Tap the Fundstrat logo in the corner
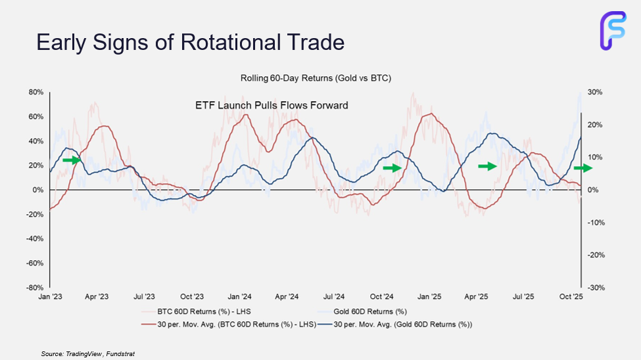613,30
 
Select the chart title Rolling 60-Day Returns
316,79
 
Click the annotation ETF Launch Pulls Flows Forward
272,105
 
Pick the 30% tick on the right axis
595,92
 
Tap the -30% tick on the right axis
595,288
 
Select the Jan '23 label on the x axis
50,297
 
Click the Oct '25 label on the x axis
571,297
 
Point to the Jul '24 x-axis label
334,297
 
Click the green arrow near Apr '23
71,160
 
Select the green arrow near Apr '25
487,166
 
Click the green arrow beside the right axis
582,168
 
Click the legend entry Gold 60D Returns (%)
369,311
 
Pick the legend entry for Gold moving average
403,324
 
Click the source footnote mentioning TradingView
87,353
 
